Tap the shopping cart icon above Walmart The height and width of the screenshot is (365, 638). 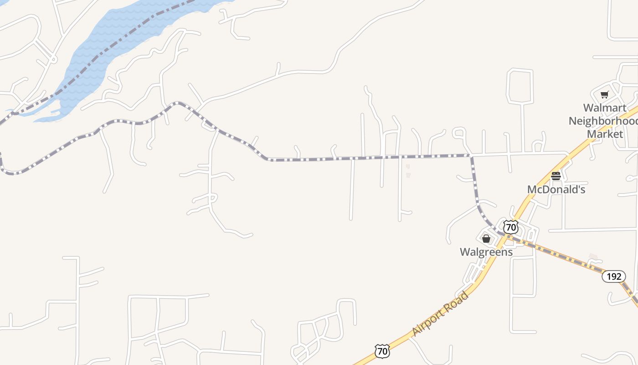click(604, 95)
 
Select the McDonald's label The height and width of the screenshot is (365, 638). click(556, 189)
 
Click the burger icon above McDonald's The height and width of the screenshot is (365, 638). click(556, 176)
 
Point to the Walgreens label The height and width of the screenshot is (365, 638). click(486, 252)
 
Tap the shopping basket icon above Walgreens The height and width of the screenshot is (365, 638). click(486, 239)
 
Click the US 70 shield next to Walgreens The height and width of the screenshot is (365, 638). click(511, 227)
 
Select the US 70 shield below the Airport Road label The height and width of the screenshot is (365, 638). click(382, 351)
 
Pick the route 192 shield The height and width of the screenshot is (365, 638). click(613, 276)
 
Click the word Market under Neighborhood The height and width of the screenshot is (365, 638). click(605, 134)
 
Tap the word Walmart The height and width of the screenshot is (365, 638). click(604, 108)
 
